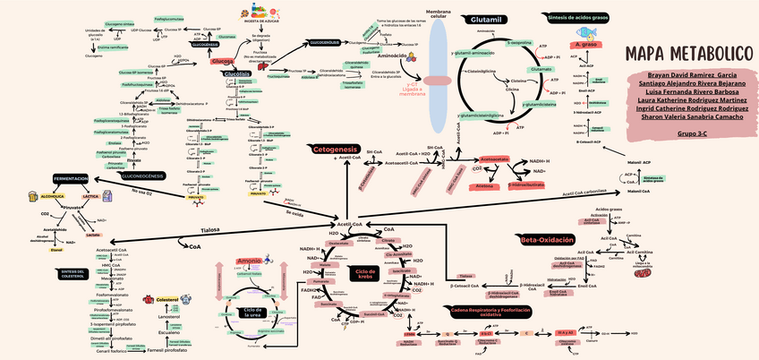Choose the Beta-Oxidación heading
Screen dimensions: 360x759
click(547, 239)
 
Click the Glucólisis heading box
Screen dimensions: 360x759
click(236, 73)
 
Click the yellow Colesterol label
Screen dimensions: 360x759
click(167, 299)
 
